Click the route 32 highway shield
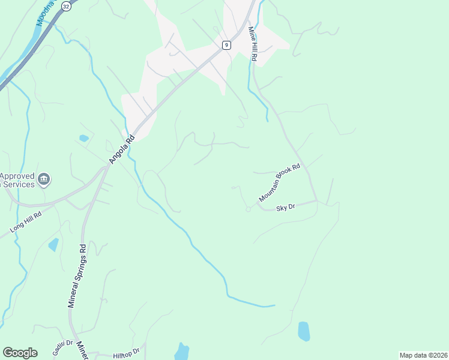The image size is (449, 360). click(x=65, y=5)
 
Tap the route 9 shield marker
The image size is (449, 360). click(x=226, y=44)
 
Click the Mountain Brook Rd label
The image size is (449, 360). click(x=279, y=183)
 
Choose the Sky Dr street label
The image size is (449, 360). click(x=286, y=208)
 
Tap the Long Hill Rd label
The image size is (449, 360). click(x=25, y=222)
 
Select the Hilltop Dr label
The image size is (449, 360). click(x=127, y=353)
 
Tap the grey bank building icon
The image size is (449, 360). click(x=44, y=179)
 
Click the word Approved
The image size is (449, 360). click(x=17, y=176)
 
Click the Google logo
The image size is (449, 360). click(x=20, y=353)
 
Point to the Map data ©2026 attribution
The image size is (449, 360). click(x=423, y=355)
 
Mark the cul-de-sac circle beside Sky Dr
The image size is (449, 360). click(x=248, y=209)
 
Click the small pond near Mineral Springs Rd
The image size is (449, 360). click(x=54, y=244)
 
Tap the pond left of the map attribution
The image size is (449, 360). click(x=304, y=331)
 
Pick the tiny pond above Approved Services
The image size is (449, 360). click(x=83, y=138)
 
